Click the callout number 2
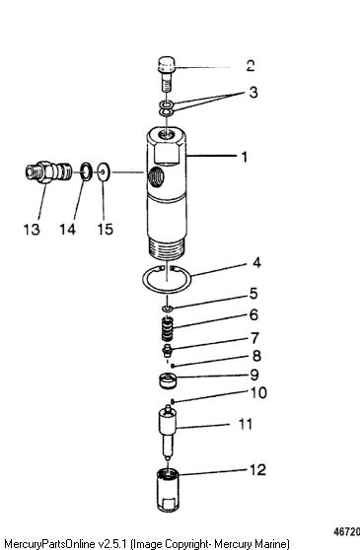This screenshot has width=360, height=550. pyautogui.click(x=251, y=66)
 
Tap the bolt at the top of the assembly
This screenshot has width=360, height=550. pyautogui.click(x=166, y=74)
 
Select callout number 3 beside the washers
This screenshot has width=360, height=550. pyautogui.click(x=253, y=93)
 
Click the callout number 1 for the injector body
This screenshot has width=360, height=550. pyautogui.click(x=245, y=157)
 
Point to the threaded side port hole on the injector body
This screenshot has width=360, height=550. pyautogui.click(x=156, y=175)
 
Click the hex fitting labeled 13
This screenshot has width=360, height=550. pyautogui.click(x=48, y=172)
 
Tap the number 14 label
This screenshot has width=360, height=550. pyautogui.click(x=67, y=230)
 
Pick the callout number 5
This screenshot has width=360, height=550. pyautogui.click(x=253, y=294)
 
